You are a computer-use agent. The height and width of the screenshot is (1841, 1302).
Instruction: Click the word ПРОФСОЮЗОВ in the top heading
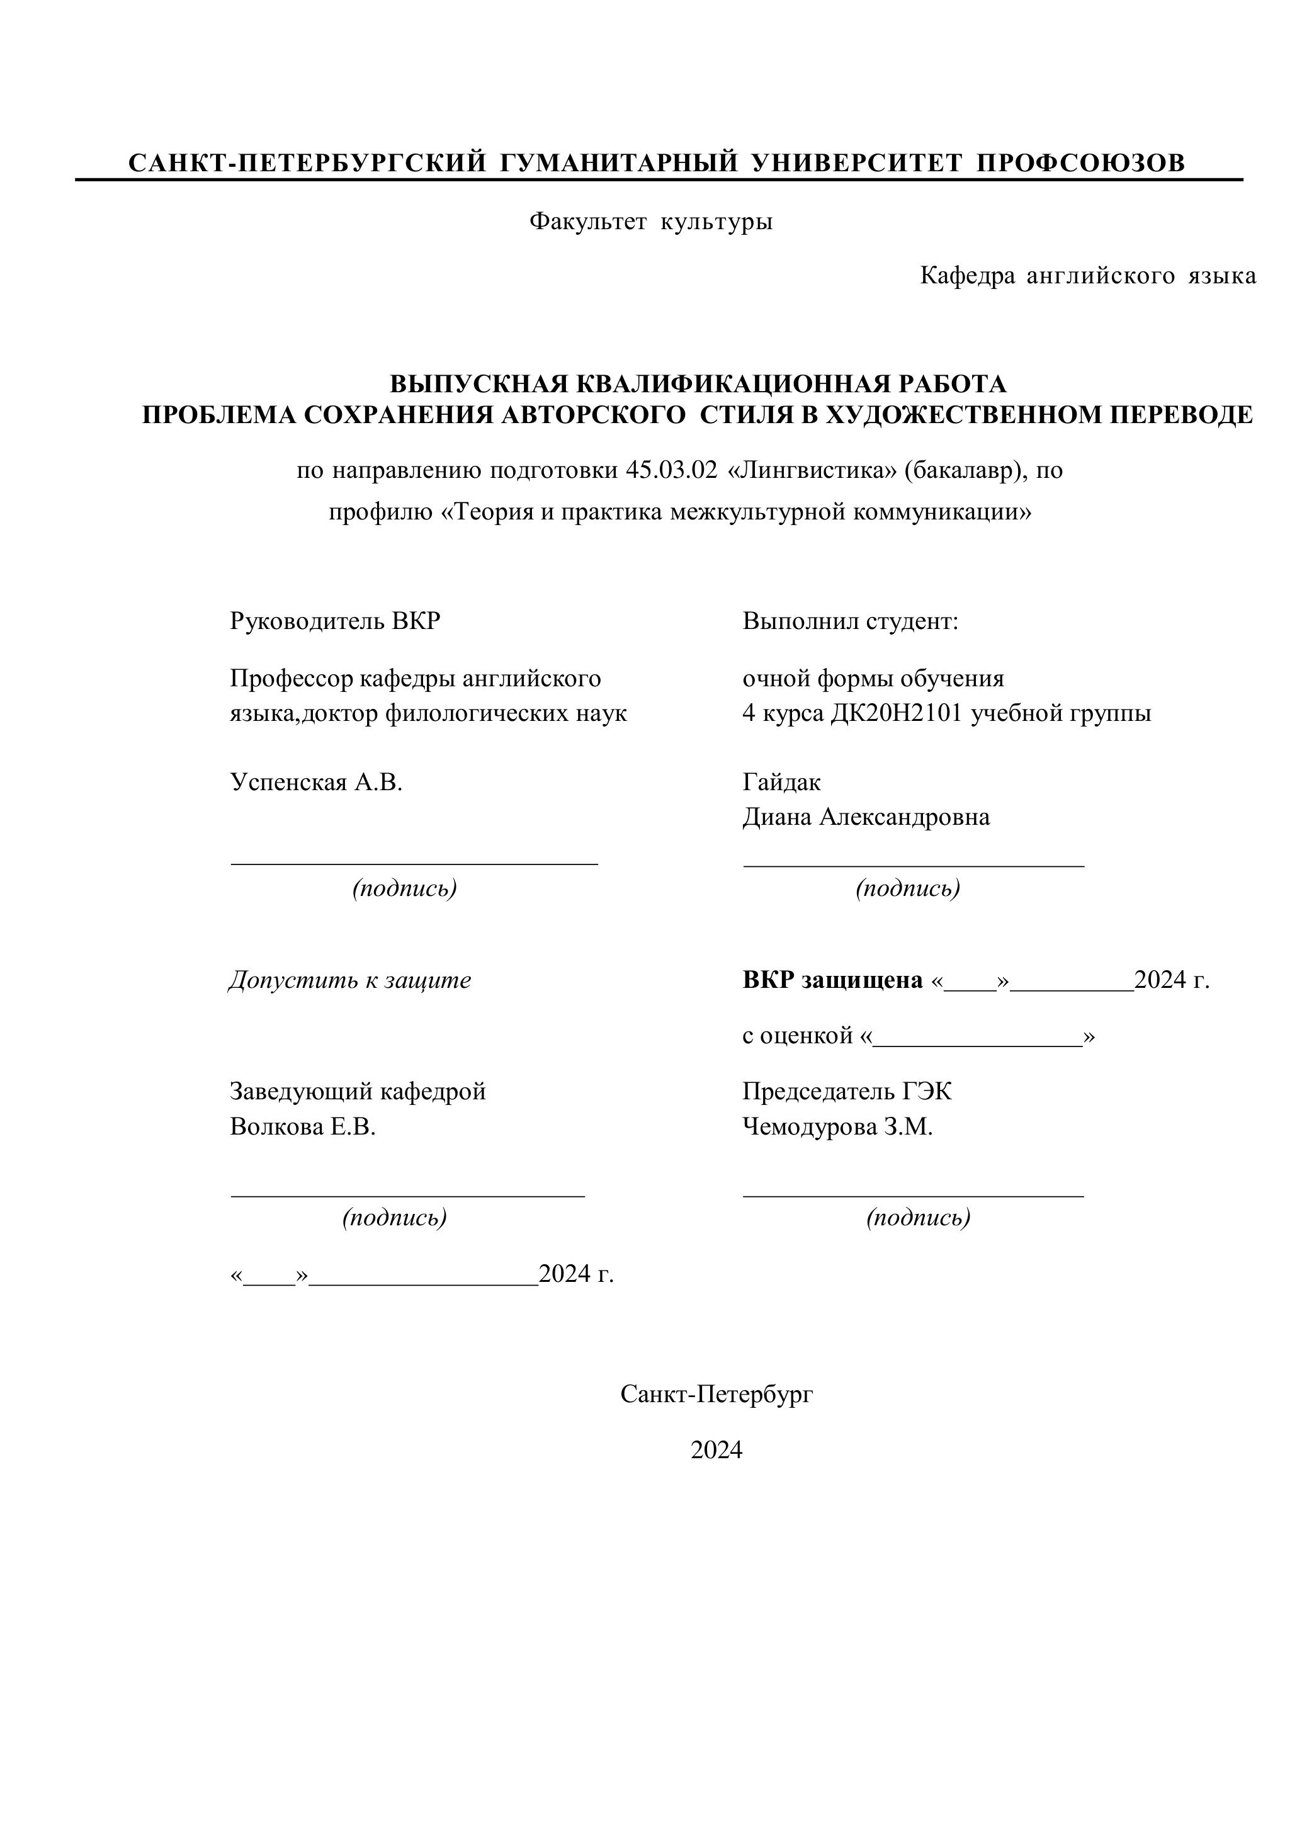[x=1080, y=163]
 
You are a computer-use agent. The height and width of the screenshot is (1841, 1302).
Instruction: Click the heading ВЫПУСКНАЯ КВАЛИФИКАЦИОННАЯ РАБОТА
[x=698, y=384]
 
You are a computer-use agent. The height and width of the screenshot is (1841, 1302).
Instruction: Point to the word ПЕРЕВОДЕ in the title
[x=1181, y=416]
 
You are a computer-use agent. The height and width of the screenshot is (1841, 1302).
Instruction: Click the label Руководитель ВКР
[x=335, y=621]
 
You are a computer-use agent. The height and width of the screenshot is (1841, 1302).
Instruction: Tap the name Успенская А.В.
[x=316, y=782]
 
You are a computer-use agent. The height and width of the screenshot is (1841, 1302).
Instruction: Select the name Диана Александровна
[x=866, y=817]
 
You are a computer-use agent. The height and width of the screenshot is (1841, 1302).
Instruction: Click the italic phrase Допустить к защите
[x=350, y=980]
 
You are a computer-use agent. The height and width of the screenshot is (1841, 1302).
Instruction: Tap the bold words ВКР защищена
[x=832, y=980]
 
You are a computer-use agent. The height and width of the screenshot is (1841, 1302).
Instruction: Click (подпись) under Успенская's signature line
[x=405, y=888]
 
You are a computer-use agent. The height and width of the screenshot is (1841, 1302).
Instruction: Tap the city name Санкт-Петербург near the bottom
[x=716, y=1395]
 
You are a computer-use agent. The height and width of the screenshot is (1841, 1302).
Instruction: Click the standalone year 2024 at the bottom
[x=716, y=1451]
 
